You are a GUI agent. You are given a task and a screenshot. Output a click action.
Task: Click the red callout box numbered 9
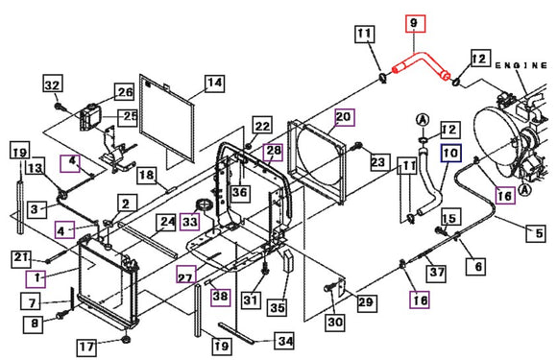coord(415,23)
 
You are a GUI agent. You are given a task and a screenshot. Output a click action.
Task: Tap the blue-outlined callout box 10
coord(450,153)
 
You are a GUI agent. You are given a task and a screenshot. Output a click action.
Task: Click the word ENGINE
coord(521,65)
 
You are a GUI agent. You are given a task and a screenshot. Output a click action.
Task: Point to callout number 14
coord(214,84)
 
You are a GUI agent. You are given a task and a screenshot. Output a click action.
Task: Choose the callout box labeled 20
coord(344,117)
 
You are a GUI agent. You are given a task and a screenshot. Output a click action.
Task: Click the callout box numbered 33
coord(189,222)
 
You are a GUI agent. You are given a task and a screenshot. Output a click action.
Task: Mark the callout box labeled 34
coord(285,341)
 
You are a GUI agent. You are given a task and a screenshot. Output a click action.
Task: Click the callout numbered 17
coord(87,347)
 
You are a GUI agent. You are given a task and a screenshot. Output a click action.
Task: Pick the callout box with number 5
coord(537,233)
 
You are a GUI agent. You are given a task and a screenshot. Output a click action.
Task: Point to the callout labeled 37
coord(437,273)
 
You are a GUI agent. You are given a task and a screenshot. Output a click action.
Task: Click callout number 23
coord(378,162)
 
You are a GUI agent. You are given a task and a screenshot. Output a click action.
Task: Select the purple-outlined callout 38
coord(220,297)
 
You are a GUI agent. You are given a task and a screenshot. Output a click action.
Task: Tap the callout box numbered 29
coord(366,302)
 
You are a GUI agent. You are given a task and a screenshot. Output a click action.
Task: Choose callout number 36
coord(239,193)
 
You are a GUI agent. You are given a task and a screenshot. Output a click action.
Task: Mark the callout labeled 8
coord(34,324)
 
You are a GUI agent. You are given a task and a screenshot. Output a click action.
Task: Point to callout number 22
coord(262,126)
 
